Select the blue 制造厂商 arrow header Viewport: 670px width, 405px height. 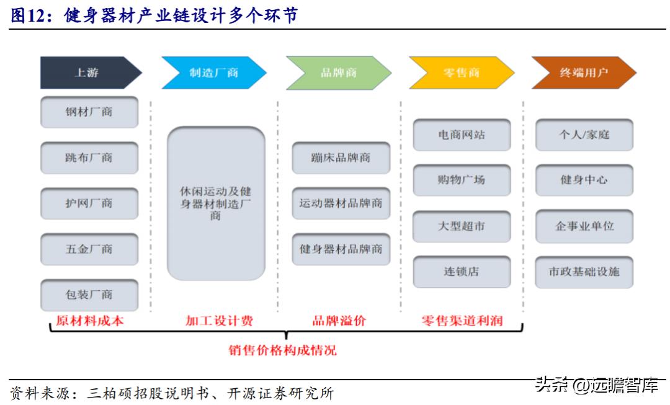point(213,73)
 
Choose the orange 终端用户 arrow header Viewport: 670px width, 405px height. point(583,73)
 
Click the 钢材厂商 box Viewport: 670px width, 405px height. point(89,112)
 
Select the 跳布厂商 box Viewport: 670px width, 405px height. point(89,158)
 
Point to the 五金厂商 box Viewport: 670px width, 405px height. point(89,249)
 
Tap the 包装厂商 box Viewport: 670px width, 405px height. point(89,295)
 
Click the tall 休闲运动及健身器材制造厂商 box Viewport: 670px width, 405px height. point(216,203)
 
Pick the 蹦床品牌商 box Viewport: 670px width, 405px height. point(341,158)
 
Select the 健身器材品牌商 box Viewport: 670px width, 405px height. point(341,249)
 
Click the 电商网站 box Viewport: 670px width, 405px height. point(462,135)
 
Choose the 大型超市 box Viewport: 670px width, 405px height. point(462,226)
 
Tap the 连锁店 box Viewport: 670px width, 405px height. point(462,272)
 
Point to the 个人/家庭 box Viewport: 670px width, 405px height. point(584,135)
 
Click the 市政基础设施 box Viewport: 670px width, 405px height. point(584,272)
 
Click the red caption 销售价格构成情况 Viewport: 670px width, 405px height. point(282,350)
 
